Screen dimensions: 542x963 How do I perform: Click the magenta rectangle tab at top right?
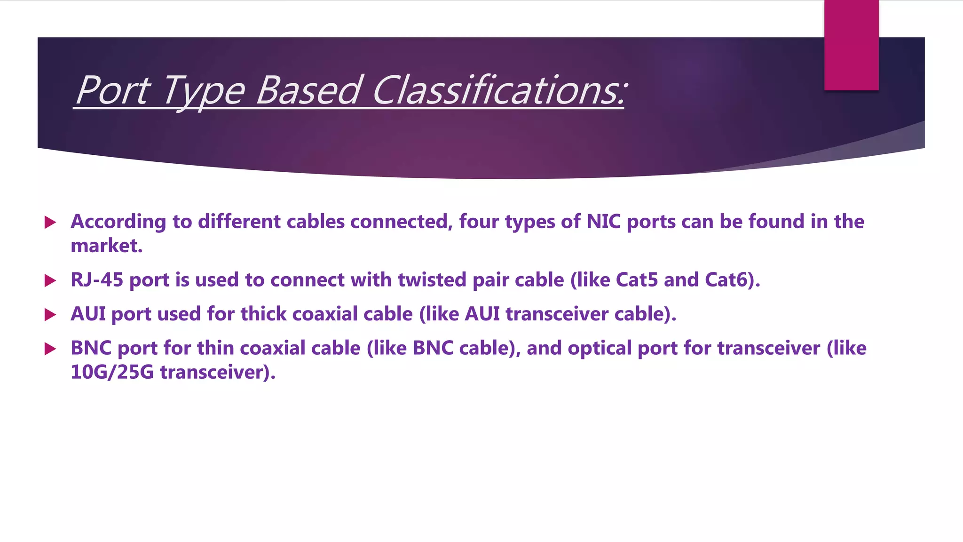[x=851, y=45]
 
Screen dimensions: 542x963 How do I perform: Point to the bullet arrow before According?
[x=50, y=222]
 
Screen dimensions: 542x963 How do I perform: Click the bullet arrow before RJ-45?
[x=50, y=281]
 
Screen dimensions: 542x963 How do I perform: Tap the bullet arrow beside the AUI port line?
[x=50, y=315]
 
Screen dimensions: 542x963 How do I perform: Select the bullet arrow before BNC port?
[x=50, y=349]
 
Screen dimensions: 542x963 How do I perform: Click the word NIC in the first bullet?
[x=604, y=222]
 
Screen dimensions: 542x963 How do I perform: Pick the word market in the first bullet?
[x=106, y=246]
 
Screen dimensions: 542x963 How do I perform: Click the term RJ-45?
[x=97, y=280]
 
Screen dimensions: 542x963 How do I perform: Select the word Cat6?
[x=730, y=280]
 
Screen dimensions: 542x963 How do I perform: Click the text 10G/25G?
[x=112, y=372]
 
